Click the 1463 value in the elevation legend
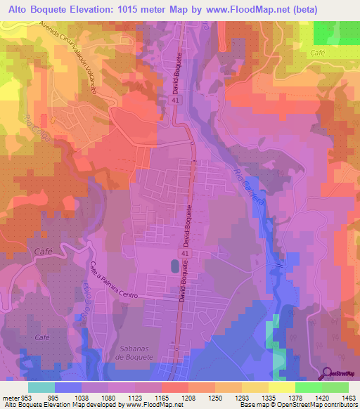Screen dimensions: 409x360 [x=349, y=397]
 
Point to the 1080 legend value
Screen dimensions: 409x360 [x=108, y=397]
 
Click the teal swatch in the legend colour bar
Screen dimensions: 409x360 [x=41, y=387]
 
